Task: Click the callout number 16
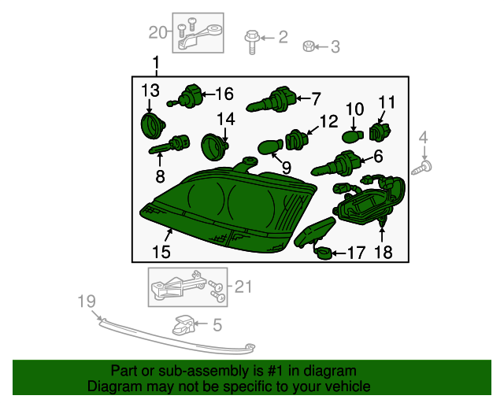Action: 224,94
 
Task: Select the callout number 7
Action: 316,98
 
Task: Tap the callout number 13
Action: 150,91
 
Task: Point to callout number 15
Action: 161,252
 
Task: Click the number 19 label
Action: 87,301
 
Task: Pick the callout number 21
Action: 243,287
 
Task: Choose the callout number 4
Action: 424,139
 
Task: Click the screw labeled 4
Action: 427,167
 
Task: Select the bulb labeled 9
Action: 270,147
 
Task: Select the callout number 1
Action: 155,62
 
